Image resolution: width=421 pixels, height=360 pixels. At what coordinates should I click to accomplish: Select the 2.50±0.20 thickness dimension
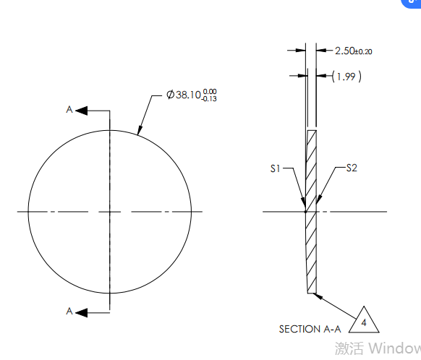(353, 51)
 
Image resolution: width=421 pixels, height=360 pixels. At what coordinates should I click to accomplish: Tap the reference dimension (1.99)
(346, 76)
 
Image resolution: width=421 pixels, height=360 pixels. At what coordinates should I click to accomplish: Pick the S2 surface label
(352, 168)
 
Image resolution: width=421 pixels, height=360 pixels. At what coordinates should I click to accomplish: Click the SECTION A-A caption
(310, 329)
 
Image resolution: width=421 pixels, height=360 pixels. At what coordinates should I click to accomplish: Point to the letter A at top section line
(69, 110)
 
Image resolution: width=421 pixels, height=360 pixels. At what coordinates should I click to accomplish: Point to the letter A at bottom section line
(69, 311)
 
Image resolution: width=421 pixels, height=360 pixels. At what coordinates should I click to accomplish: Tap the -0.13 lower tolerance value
(210, 98)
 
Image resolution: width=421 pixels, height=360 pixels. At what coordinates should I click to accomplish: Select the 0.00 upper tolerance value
(210, 91)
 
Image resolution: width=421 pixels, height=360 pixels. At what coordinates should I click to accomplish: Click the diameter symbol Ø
(170, 95)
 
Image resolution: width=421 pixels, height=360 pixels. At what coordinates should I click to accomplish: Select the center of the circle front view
(109, 212)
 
